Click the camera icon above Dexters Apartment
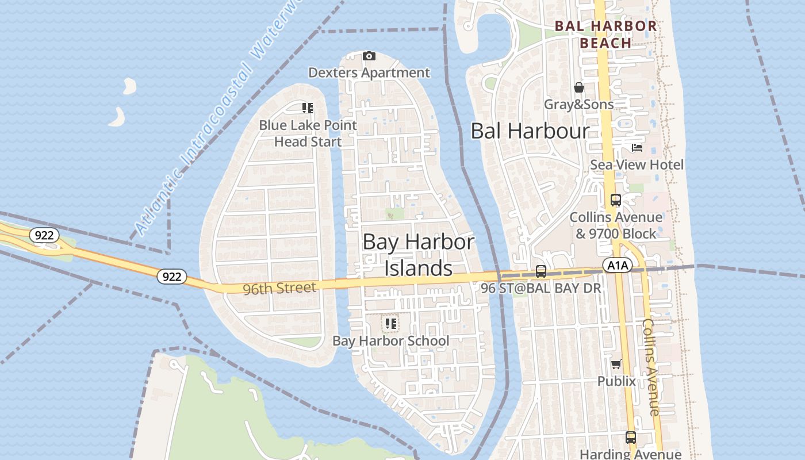(x=369, y=56)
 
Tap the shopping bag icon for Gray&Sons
(x=579, y=87)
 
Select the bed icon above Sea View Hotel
(x=637, y=148)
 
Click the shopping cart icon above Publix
(x=616, y=364)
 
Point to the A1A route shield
(x=618, y=265)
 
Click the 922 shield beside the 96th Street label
(x=171, y=277)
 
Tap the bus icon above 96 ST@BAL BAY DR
(x=541, y=271)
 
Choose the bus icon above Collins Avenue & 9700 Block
(x=616, y=200)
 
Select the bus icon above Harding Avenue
(x=631, y=437)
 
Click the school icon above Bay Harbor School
(x=391, y=324)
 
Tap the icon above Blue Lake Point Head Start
(x=308, y=108)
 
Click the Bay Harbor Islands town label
(x=419, y=255)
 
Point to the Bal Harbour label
(x=530, y=131)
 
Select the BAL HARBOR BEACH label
(x=606, y=34)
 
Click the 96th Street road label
(x=279, y=287)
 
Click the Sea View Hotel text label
(x=637, y=165)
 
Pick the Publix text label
(x=616, y=381)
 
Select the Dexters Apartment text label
(x=369, y=73)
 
